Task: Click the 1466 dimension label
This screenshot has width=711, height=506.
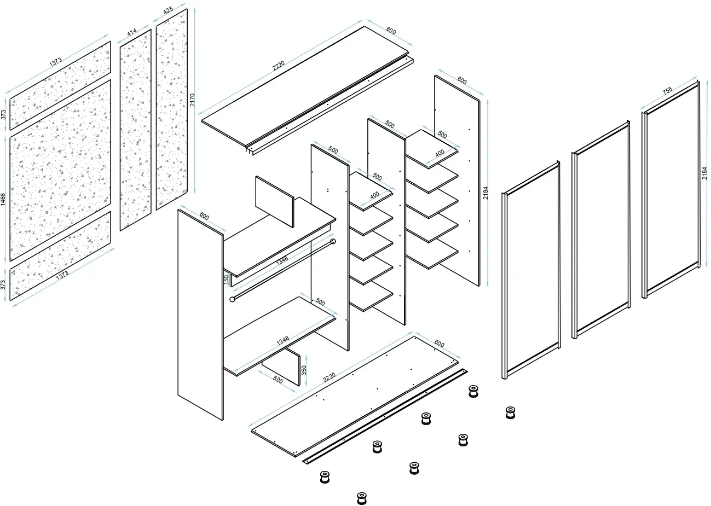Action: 3,199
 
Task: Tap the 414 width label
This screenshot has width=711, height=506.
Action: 132,32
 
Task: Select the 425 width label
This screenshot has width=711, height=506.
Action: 168,10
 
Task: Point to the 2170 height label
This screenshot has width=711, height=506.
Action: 192,100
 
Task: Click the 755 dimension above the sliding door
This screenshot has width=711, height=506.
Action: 667,90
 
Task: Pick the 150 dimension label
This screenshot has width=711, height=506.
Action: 226,280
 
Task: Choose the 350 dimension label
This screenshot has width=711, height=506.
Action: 304,370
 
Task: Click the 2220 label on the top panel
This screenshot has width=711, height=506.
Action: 279,66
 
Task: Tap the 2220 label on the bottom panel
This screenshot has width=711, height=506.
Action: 329,377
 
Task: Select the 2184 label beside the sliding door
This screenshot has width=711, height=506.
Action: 704,173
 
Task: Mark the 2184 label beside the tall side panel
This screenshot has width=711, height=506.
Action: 485,193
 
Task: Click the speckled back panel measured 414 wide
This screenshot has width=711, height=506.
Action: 136,130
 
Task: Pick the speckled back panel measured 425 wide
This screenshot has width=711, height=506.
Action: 172,109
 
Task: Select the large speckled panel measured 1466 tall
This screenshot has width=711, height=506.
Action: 60,170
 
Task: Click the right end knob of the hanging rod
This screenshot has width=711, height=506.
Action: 333,242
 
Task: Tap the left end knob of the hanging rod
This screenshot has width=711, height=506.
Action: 232,299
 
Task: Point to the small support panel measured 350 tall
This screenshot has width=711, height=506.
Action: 281,367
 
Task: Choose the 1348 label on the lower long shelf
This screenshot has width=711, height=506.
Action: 282,340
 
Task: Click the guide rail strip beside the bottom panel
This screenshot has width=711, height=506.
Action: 385,416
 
